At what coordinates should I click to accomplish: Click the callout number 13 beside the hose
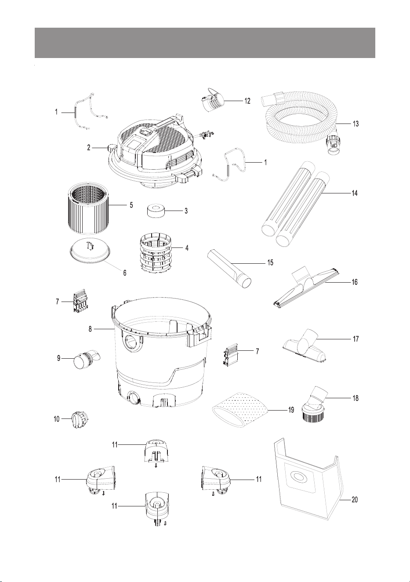click(356, 124)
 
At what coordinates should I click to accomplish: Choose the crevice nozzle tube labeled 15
click(229, 269)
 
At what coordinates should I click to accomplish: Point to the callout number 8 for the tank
click(90, 329)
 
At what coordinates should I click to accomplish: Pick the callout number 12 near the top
click(247, 101)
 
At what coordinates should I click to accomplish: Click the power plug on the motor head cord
click(207, 135)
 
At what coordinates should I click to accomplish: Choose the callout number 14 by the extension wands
click(354, 193)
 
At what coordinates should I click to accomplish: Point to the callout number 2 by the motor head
click(89, 148)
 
